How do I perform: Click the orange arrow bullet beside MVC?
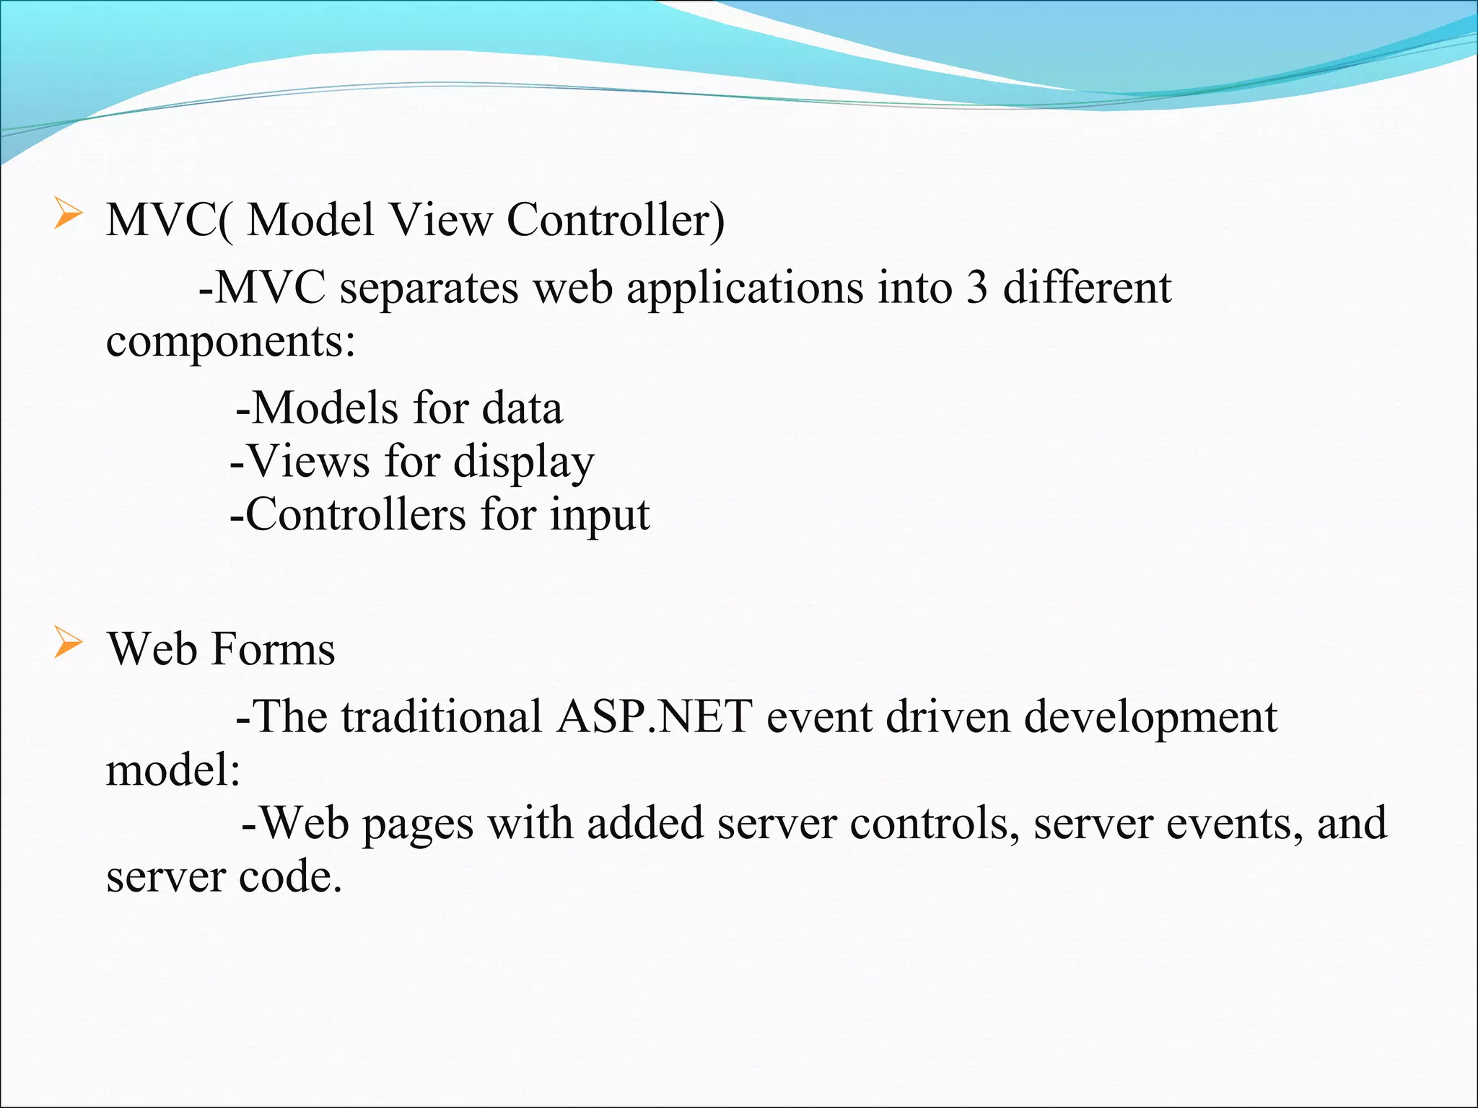[x=68, y=216]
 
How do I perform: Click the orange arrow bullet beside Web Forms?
[x=68, y=643]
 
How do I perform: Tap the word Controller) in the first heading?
[x=616, y=219]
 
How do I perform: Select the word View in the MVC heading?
[x=441, y=219]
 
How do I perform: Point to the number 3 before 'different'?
[x=976, y=287]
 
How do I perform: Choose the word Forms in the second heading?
[x=274, y=648]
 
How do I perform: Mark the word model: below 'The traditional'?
[x=173, y=770]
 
